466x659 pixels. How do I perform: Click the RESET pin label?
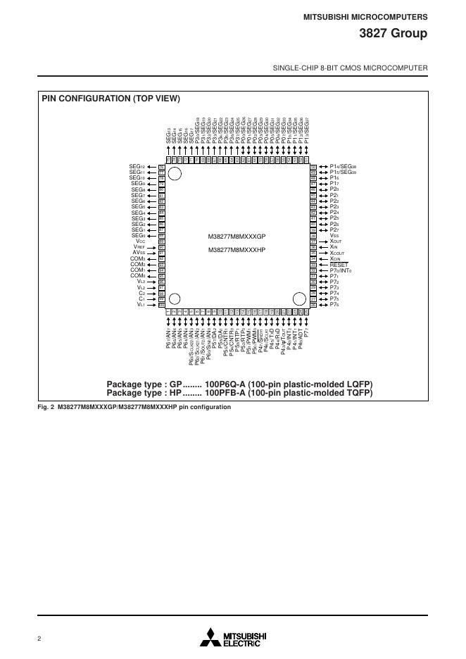pyautogui.click(x=339, y=265)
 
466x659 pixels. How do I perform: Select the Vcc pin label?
pyautogui.click(x=141, y=241)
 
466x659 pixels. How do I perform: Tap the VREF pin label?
pyautogui.click(x=139, y=247)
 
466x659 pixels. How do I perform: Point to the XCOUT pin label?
pyautogui.click(x=341, y=253)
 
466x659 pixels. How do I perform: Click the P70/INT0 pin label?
pyautogui.click(x=341, y=270)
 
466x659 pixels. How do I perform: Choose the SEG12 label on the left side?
pyautogui.click(x=137, y=166)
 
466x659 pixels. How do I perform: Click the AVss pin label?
pyautogui.click(x=139, y=253)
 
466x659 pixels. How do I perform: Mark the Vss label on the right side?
pyautogui.click(x=334, y=235)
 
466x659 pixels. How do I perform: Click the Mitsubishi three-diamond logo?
pyautogui.click(x=210, y=637)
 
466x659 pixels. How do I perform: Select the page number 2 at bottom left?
pyautogui.click(x=39, y=639)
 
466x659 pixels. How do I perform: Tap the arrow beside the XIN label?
pyautogui.click(x=322, y=247)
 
